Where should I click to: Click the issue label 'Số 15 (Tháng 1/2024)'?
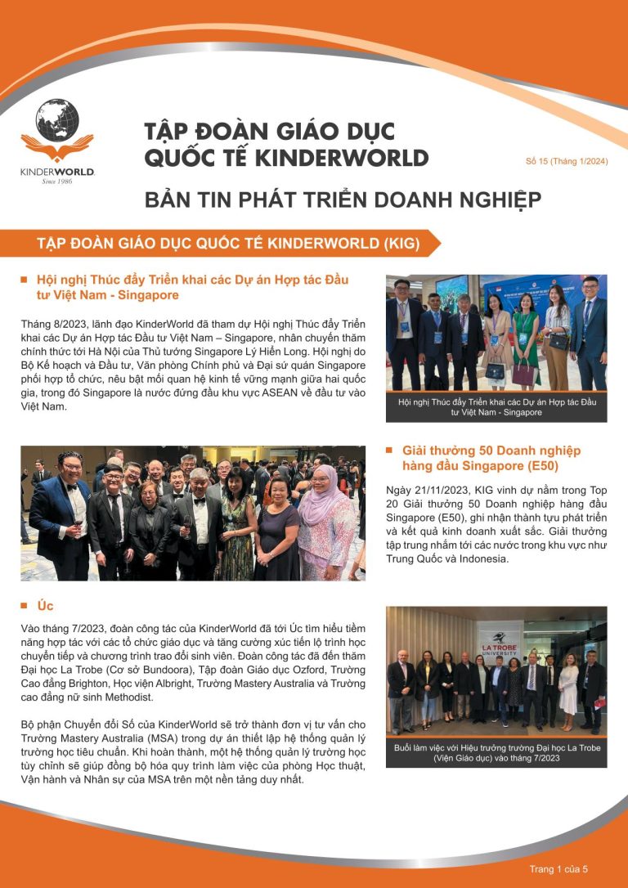567,161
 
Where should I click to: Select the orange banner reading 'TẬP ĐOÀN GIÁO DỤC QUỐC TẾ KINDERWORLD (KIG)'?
228,244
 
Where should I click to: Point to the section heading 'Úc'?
46,606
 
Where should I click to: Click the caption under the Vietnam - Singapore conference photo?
496,407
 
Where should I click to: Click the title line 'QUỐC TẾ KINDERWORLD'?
285,158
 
